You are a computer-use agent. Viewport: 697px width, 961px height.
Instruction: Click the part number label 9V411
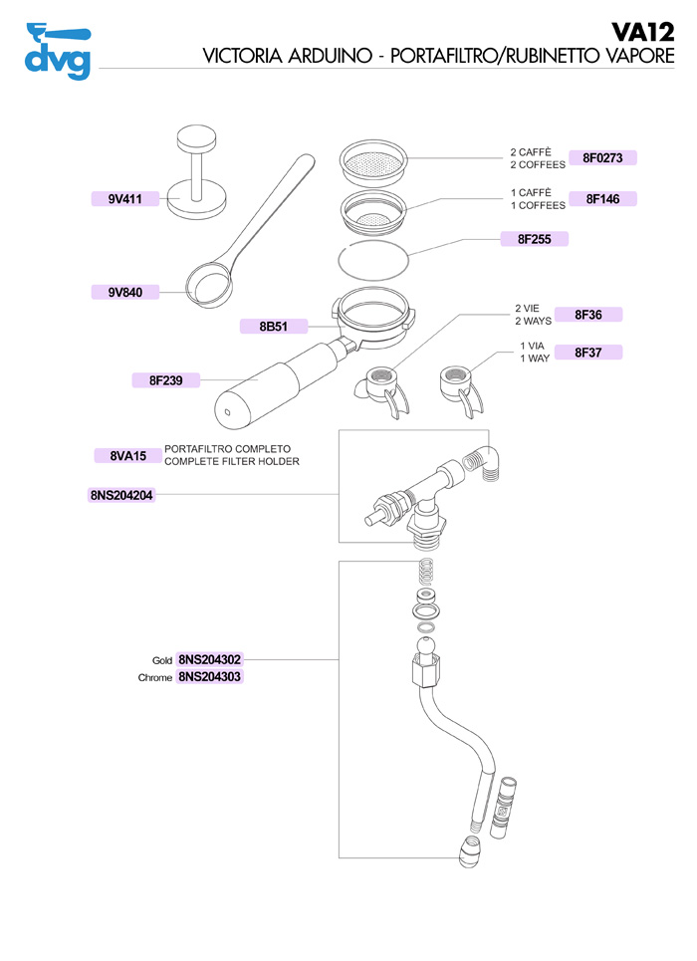[125, 199]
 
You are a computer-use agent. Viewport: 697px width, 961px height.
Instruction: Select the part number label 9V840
[125, 292]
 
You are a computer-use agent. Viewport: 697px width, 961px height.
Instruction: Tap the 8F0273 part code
[602, 157]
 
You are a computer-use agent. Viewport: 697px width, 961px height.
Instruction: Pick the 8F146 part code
[602, 199]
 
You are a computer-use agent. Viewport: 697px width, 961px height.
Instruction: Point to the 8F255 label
[534, 239]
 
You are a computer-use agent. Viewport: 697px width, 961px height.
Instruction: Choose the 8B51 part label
[273, 326]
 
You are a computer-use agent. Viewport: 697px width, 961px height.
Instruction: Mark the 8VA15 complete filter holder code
[126, 456]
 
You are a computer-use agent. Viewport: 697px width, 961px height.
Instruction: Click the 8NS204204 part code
[121, 494]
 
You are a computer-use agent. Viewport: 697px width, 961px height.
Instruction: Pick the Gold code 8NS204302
[209, 659]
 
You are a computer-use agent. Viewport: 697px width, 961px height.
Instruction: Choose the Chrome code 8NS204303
[209, 677]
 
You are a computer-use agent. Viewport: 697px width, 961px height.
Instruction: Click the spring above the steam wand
[426, 573]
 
